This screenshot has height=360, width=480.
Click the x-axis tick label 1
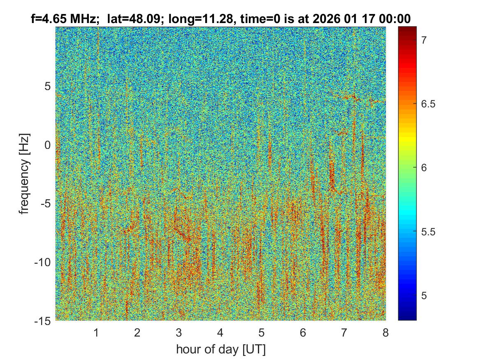tap(96, 332)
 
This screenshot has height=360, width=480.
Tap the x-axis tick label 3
tap(179, 332)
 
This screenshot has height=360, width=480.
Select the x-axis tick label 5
tap(262, 332)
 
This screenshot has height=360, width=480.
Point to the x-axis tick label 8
tap(385, 332)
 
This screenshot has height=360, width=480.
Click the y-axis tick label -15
tap(43, 321)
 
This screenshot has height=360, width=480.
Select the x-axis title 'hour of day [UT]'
tap(220, 349)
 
